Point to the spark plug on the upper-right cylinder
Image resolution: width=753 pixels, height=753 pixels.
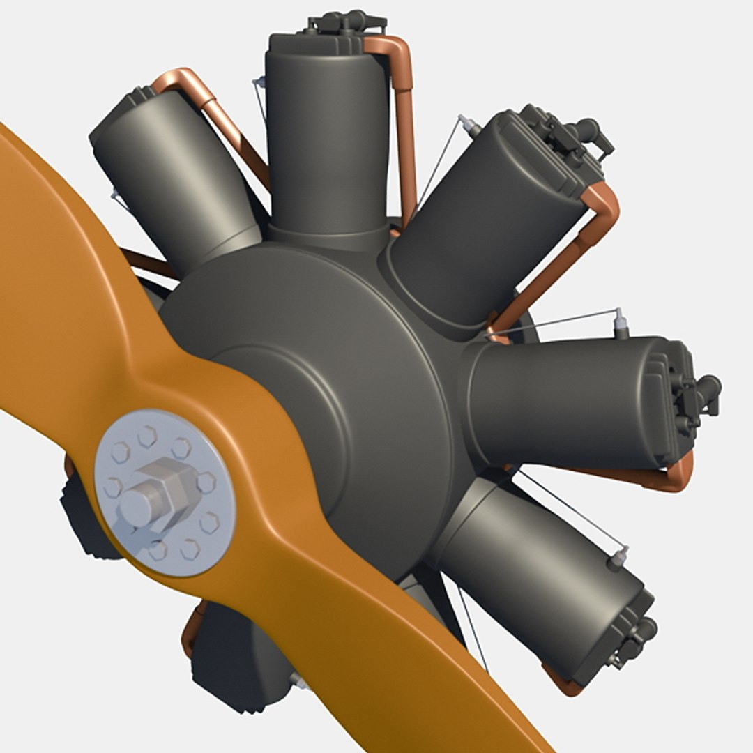click(469, 126)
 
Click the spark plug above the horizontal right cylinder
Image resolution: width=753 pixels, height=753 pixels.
click(620, 325)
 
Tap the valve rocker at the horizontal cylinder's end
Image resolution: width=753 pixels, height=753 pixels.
click(701, 394)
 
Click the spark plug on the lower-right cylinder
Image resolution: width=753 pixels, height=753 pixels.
click(617, 558)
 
